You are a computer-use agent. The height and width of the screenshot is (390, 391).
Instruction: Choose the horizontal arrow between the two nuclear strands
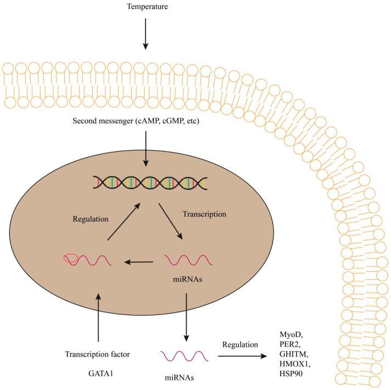coord(138,262)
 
